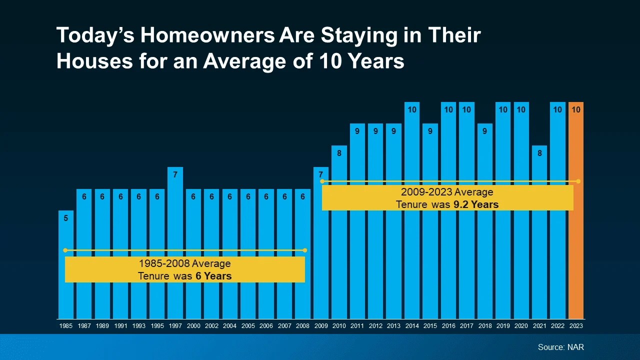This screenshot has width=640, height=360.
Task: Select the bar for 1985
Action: pyautogui.click(x=66, y=290)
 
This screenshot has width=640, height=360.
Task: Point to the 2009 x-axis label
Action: pyautogui.click(x=321, y=326)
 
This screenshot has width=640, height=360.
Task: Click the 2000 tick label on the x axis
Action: pyautogui.click(x=193, y=326)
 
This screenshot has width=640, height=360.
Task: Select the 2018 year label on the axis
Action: pyautogui.click(x=484, y=326)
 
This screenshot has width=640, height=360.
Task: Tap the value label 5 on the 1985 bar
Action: pyautogui.click(x=66, y=218)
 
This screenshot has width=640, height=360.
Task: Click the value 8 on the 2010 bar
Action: pyautogui.click(x=339, y=153)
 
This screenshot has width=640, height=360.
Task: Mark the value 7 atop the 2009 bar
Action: pyautogui.click(x=321, y=175)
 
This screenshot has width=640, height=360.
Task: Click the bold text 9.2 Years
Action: pyautogui.click(x=475, y=204)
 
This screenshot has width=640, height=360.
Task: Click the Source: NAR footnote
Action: pyautogui.click(x=560, y=347)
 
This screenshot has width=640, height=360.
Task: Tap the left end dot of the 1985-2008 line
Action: pyautogui.click(x=65, y=250)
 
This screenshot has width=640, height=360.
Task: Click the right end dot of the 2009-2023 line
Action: pyautogui.click(x=578, y=181)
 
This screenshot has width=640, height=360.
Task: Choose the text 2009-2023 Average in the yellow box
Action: pyautogui.click(x=447, y=192)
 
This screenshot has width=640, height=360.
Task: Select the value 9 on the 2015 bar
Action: pyautogui.click(x=430, y=131)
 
